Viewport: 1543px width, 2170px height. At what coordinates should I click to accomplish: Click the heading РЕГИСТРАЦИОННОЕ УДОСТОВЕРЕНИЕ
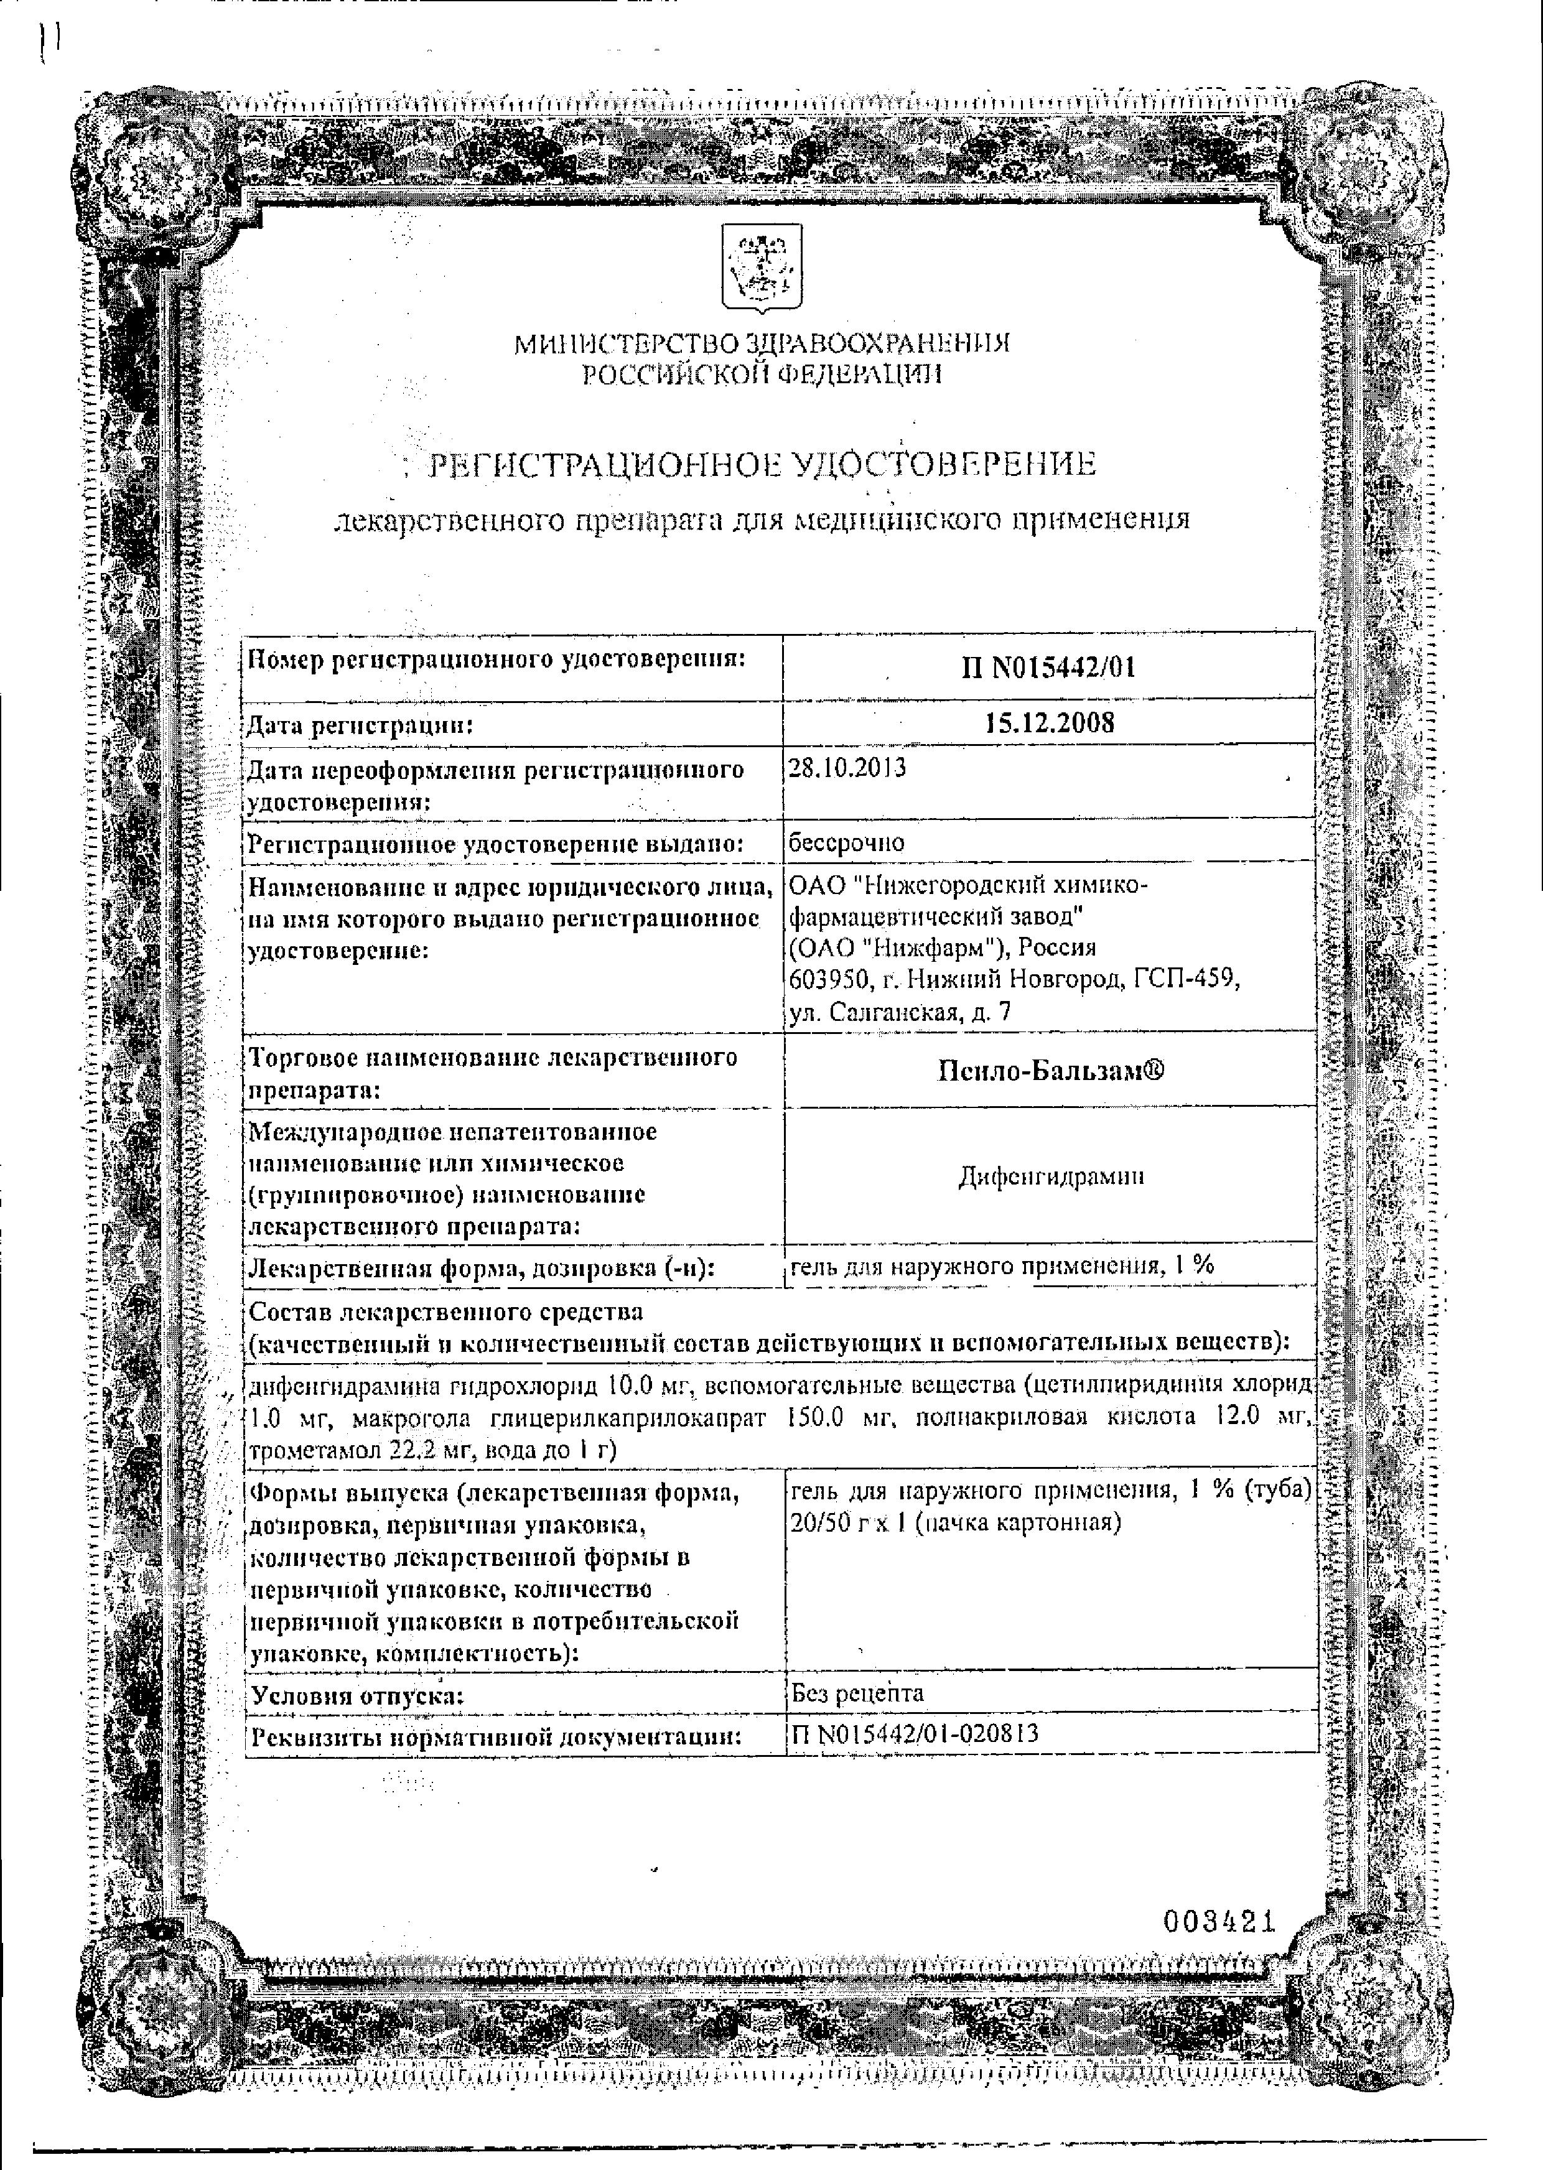[x=762, y=465]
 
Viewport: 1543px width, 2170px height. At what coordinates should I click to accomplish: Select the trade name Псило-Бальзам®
[x=1050, y=1071]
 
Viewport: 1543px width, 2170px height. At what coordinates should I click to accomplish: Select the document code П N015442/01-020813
[x=914, y=1734]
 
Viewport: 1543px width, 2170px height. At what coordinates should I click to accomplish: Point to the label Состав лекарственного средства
[x=445, y=1312]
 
